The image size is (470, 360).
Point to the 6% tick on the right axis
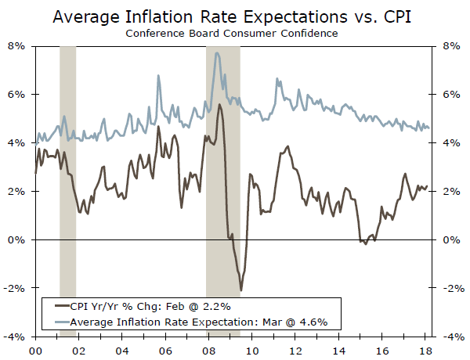coord(450,95)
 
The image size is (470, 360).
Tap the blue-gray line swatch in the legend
coord(57,322)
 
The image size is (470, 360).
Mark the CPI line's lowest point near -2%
coord(241,290)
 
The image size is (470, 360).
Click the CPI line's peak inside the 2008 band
coord(219,104)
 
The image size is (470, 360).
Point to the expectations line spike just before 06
coord(159,76)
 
